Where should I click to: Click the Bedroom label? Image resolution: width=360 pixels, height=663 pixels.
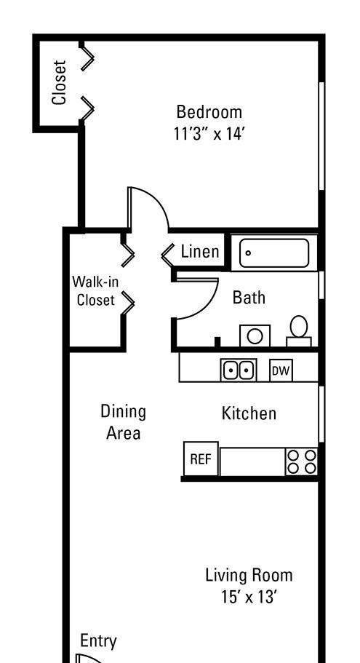[x=209, y=113]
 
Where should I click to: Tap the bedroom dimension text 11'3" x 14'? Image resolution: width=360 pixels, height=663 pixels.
[x=209, y=134]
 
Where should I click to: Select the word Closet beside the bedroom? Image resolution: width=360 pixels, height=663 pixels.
[x=59, y=82]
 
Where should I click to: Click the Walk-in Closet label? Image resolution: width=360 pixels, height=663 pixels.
[x=95, y=290]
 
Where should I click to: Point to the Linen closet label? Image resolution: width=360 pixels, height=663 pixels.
[x=200, y=252]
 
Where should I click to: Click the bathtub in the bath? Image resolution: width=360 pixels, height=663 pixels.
[x=274, y=253]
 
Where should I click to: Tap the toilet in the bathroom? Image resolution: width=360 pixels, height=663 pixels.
[x=299, y=331]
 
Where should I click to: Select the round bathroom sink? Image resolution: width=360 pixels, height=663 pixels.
[x=255, y=336]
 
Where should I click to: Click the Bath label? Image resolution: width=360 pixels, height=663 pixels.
[x=249, y=298]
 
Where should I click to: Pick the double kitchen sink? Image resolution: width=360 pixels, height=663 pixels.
[x=239, y=370]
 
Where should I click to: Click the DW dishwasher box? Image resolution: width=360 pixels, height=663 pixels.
[x=281, y=371]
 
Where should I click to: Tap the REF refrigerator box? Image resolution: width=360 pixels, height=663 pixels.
[x=201, y=458]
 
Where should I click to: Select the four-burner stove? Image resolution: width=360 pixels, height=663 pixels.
[x=302, y=461]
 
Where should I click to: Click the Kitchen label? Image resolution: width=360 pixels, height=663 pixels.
[x=249, y=413]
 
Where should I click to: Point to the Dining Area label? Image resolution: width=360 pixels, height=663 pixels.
[x=124, y=422]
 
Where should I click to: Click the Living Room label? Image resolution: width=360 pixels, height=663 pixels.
[x=249, y=576]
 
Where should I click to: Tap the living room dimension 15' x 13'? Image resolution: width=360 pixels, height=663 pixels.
[x=249, y=597]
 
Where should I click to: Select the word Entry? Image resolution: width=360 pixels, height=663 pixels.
[x=98, y=641]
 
